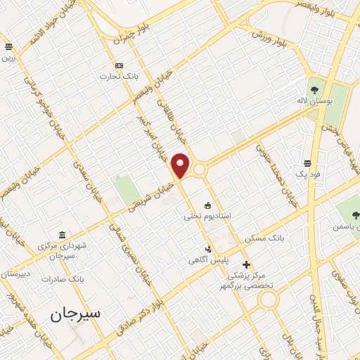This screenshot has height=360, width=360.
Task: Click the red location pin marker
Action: [181, 165]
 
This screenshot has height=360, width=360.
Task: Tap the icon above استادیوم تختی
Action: [207, 205]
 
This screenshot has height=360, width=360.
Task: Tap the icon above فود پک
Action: [308, 162]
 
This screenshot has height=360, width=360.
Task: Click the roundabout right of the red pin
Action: [200, 169]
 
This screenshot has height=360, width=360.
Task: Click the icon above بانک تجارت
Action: [118, 65]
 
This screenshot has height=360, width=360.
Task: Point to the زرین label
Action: [8, 58]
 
